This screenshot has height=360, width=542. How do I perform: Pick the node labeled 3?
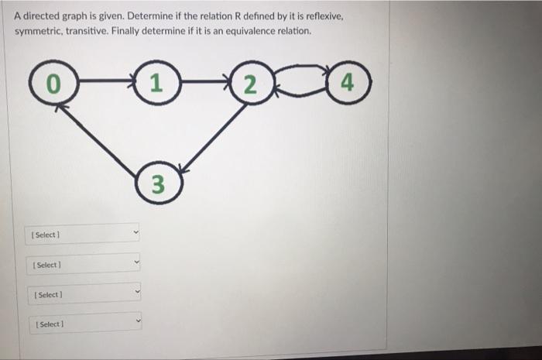click(157, 183)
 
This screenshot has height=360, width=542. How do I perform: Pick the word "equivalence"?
click(236, 32)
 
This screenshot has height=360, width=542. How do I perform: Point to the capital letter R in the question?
click(211, 16)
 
